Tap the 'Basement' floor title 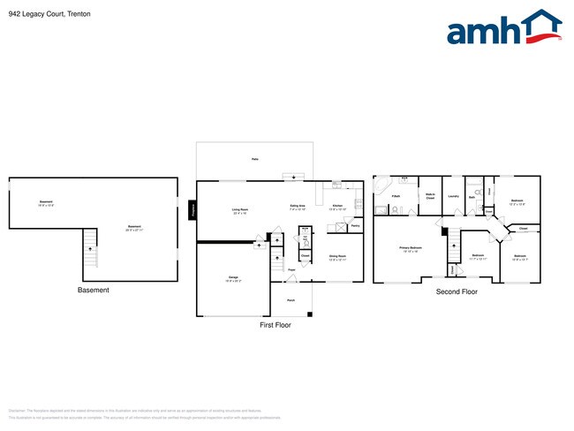pos(94,291)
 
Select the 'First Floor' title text pos(275,325)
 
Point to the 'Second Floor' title pos(457,291)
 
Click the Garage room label pos(233,279)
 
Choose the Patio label pos(255,160)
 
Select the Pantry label pos(354,226)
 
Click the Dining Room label pos(338,259)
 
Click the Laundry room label pos(453,196)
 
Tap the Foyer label pos(291,269)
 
